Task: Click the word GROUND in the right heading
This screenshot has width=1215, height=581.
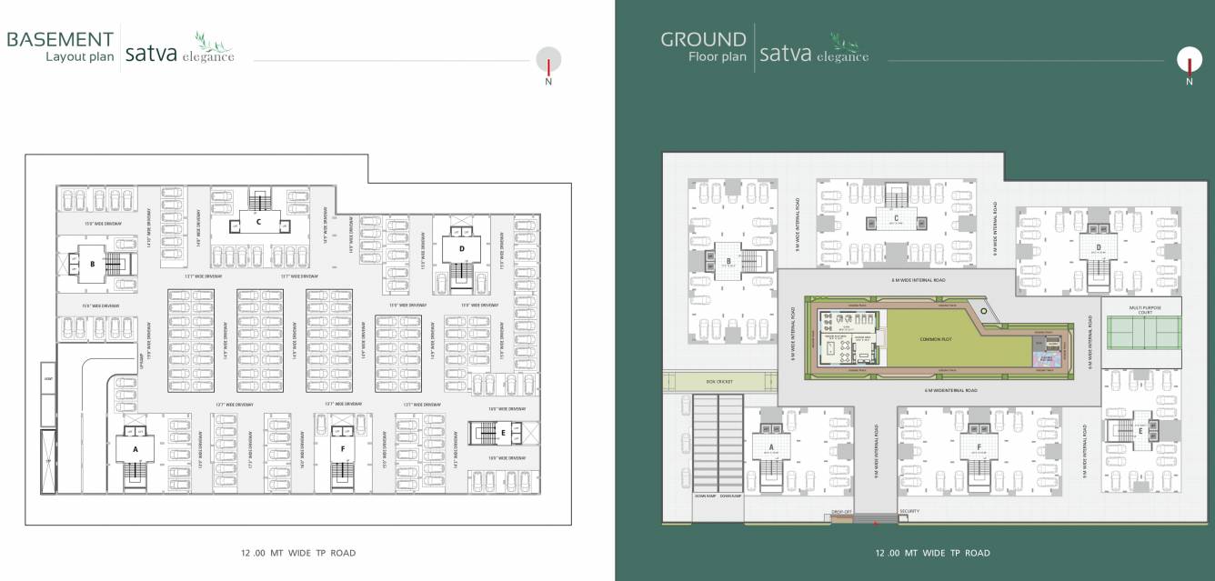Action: tap(703, 39)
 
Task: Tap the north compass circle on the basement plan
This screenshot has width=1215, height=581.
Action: tap(548, 59)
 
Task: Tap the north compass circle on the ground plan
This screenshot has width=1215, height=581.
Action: tap(1189, 59)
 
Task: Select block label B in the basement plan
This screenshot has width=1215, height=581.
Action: tap(92, 265)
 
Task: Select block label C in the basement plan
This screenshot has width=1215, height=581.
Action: tap(258, 221)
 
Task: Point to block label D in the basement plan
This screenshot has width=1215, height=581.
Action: tap(461, 247)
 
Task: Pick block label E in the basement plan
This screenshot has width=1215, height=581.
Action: tap(503, 433)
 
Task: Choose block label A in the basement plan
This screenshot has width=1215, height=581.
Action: tap(136, 449)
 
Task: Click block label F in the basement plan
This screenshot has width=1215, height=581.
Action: tap(343, 448)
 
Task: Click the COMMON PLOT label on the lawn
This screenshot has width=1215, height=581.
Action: tap(934, 338)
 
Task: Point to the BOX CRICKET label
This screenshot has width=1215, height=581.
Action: tap(718, 381)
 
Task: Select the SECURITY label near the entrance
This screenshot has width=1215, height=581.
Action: tap(909, 511)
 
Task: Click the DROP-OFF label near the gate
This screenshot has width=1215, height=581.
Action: tap(841, 512)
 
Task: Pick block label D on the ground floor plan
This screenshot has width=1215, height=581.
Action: tap(1099, 245)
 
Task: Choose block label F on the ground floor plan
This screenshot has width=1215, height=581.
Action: tap(979, 446)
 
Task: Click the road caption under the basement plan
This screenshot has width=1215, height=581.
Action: tap(297, 553)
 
